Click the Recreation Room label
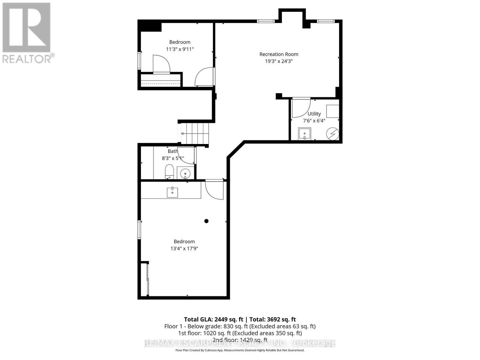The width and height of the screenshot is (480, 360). coord(279,54)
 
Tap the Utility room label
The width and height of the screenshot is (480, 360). coord(314,114)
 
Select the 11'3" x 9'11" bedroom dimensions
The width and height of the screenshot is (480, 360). coord(180,49)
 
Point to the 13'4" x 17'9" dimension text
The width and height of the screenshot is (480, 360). coord(184,248)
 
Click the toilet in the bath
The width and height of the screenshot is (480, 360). coord(169,172)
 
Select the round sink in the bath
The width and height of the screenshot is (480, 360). coord(186,173)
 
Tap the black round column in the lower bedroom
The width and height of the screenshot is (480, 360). coord(206,221)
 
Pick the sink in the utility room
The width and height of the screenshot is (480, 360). coord(304,134)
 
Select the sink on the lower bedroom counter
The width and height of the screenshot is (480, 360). coord(172,192)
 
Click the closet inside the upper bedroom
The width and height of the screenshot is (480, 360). coord(161,80)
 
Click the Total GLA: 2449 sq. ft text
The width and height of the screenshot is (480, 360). coord(213,319)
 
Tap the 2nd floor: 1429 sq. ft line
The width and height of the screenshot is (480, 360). coord(240,340)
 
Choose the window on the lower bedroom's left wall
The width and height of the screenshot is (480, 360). coord(139,230)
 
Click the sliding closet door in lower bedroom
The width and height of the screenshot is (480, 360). coord(148,279)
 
